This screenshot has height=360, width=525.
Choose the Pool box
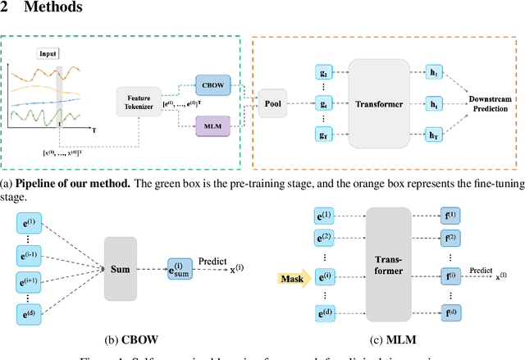point(273,103)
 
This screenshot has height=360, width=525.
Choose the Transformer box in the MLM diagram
point(386,265)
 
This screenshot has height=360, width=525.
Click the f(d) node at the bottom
point(452,313)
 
